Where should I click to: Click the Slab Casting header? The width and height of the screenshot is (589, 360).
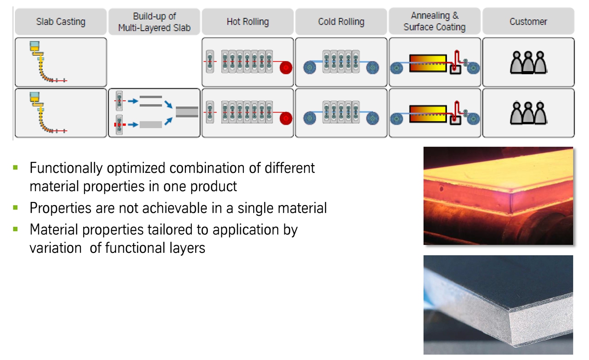[61, 22]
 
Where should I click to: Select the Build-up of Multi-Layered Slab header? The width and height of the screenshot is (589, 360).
[154, 22]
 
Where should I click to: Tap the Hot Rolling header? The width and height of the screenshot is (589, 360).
[247, 22]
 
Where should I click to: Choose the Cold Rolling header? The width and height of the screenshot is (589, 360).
[341, 22]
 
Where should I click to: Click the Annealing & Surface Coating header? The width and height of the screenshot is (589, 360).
[434, 22]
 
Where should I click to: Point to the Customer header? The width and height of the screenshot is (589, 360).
[528, 22]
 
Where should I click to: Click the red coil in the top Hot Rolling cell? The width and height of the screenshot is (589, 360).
[285, 68]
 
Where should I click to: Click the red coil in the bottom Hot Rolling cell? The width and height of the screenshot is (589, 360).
[285, 118]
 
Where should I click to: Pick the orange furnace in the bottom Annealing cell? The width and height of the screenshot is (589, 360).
[427, 113]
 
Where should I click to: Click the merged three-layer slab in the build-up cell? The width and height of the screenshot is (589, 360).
[187, 112]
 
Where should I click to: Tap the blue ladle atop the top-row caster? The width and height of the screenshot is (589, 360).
[35, 45]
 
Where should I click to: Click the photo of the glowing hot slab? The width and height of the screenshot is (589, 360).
[498, 196]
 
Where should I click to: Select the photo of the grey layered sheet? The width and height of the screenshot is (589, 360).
[498, 305]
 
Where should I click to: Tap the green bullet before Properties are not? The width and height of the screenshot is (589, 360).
[16, 207]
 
